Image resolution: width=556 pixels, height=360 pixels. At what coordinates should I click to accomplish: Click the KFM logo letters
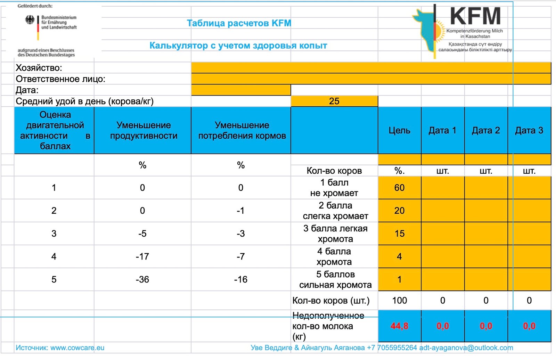coord(475,16)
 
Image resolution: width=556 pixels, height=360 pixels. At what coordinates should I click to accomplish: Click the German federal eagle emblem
coord(30,20)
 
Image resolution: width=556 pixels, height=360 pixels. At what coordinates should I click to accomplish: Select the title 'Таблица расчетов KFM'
coord(239,23)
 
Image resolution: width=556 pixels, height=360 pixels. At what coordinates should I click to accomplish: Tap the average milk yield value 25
coord(334,101)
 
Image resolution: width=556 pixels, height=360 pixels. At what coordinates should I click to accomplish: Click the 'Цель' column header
coord(399,130)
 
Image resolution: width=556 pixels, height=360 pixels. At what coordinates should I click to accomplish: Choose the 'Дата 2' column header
coord(486,130)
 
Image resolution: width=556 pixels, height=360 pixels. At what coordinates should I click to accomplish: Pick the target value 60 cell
coord(399,188)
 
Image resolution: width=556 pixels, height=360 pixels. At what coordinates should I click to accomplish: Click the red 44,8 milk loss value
coord(399,326)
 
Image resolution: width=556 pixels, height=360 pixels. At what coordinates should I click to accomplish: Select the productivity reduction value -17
coord(142,256)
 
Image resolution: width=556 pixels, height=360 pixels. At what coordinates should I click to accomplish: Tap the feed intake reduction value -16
coord(241,279)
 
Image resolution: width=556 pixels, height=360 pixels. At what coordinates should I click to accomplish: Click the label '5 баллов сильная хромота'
coord(335,279)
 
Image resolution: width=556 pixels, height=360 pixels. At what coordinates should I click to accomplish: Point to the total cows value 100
coord(399,300)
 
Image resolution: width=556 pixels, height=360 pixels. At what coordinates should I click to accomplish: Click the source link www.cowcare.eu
coord(77,347)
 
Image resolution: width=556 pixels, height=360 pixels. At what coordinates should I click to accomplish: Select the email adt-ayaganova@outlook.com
coord(466,347)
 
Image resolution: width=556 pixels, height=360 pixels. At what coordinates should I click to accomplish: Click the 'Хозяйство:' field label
coord(39,68)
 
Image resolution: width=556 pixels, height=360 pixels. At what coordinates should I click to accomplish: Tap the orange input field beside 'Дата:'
coord(241,90)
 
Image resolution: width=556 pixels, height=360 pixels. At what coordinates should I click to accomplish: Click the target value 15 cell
coord(399,234)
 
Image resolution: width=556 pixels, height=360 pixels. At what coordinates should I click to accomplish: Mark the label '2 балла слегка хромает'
coord(335,211)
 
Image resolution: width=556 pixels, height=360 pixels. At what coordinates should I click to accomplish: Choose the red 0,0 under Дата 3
coord(529,326)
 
